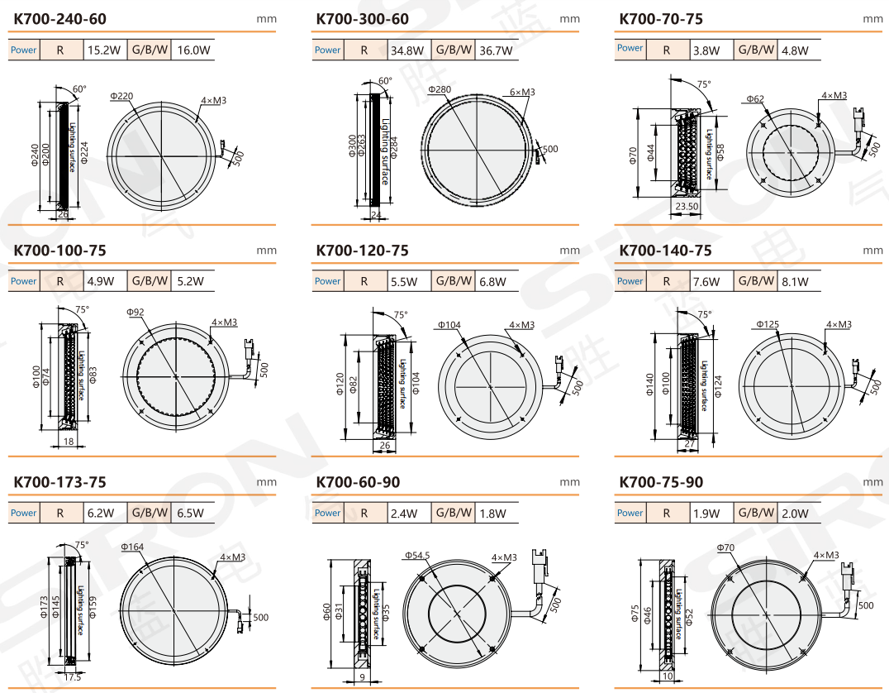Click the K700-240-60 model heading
60,19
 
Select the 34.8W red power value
407,50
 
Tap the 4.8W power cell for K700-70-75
795,50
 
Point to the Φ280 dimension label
440,89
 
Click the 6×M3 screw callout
522,92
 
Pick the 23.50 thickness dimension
687,206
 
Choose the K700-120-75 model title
362,251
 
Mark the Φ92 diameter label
135,312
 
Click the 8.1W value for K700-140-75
795,282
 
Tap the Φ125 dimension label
768,324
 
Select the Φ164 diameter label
132,547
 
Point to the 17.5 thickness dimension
73,677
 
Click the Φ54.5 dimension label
417,555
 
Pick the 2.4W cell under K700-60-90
404,514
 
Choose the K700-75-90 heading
661,482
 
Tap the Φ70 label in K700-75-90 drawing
725,547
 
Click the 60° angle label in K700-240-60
79,89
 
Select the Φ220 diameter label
121,96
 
